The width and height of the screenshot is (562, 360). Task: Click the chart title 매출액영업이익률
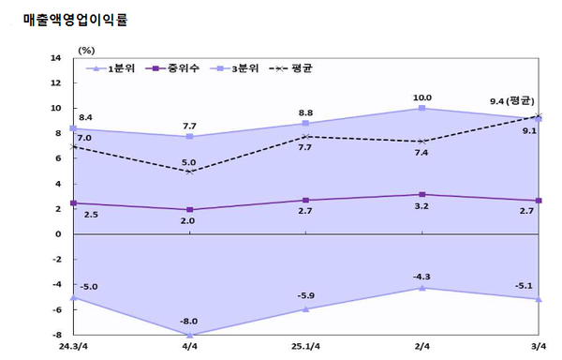[x=76, y=18]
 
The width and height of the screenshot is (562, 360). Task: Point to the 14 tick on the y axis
[x=56, y=58]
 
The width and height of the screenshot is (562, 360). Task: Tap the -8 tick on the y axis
[x=55, y=335]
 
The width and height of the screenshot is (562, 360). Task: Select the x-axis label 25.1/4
[x=306, y=347]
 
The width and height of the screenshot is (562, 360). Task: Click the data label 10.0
[x=422, y=97]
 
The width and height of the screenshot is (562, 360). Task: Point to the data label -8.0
[x=189, y=322]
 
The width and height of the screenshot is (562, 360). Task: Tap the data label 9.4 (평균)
[x=511, y=101]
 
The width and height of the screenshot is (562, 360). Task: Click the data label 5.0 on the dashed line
[x=189, y=162]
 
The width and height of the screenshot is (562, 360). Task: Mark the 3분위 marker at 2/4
[x=422, y=109]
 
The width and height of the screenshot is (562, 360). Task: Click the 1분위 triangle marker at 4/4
[x=189, y=335]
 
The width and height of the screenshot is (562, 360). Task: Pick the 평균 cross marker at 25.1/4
[x=306, y=137]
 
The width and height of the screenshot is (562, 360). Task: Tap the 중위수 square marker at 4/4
[x=189, y=209]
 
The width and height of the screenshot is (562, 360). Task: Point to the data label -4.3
[x=422, y=276]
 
